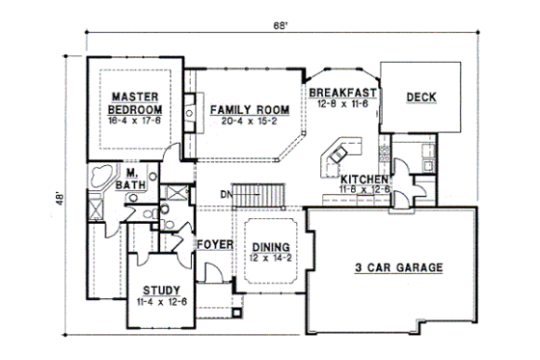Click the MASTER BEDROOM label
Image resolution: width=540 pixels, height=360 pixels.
point(134,102)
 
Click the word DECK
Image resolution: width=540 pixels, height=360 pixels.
point(421,97)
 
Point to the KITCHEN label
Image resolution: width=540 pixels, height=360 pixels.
point(364,180)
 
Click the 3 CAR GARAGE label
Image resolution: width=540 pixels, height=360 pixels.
point(397,267)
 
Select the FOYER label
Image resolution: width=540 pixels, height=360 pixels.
point(215,244)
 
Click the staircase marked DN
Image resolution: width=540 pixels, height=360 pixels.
point(262,193)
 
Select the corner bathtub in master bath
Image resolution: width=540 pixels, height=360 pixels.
point(98,179)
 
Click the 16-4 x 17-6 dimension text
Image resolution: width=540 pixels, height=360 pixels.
point(134,121)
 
